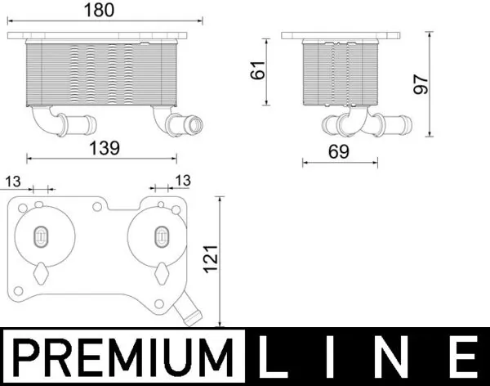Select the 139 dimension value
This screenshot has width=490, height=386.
pyautogui.click(x=105, y=148)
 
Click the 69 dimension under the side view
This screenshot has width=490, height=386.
pyautogui.click(x=339, y=151)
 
